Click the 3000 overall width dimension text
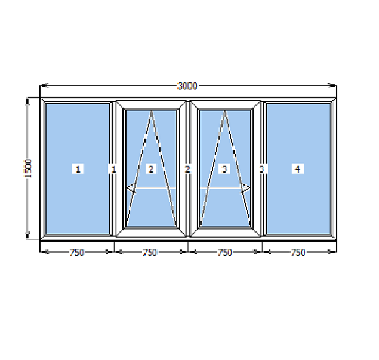coord(187,86)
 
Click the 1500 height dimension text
coord(28,169)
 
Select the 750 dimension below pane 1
coord(77,253)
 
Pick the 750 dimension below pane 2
coord(150,253)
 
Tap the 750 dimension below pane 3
coord(225,253)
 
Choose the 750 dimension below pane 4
coord(298,253)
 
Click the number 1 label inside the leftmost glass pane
coord(78,169)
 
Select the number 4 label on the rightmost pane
coord(298,169)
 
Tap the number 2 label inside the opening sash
coord(151,169)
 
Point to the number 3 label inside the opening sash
coord(225,169)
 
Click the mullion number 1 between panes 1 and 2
coord(113,169)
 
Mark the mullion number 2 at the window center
coord(187,169)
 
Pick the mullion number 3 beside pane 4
coord(262,169)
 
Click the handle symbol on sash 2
coord(132,188)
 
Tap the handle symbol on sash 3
coord(245,188)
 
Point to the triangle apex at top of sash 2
coord(151,111)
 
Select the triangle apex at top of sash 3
coord(225,111)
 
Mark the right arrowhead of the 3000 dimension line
coord(332,85)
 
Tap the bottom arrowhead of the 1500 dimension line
coord(28,235)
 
